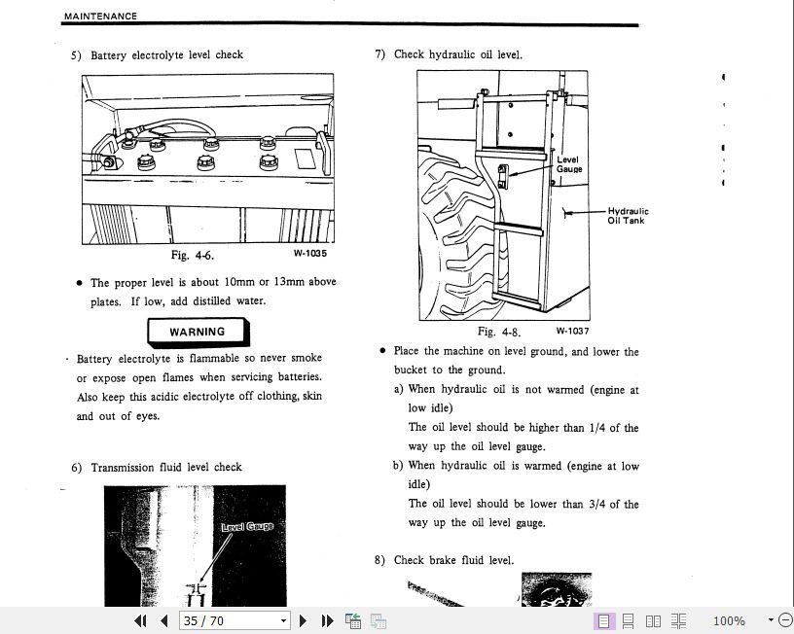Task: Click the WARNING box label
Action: click(x=197, y=332)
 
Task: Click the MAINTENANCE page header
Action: click(x=100, y=17)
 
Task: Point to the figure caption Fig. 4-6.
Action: click(x=192, y=256)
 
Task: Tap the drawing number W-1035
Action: click(x=310, y=254)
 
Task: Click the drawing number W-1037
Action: click(x=572, y=331)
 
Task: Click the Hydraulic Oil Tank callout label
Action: click(x=628, y=216)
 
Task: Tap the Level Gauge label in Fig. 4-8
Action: click(x=568, y=164)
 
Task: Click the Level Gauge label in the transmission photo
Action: click(x=247, y=527)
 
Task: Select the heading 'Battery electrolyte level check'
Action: click(x=166, y=55)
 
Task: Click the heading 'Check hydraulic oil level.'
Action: click(x=457, y=55)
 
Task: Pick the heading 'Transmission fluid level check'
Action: click(x=166, y=468)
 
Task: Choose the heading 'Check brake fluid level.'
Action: click(x=453, y=561)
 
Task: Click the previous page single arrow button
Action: click(x=164, y=620)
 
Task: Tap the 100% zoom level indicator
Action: click(x=729, y=620)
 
